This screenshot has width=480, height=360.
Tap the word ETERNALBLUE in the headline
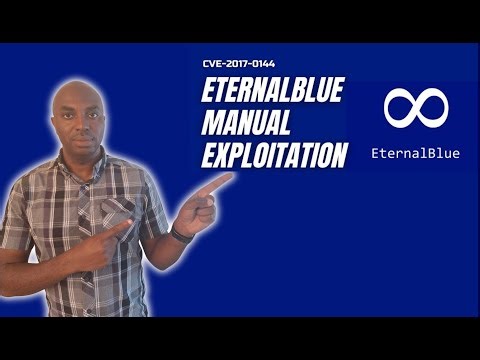click(273, 90)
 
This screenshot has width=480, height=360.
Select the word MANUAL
click(246, 124)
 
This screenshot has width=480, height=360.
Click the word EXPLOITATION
click(274, 156)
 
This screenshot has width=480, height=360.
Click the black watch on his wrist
click(180, 233)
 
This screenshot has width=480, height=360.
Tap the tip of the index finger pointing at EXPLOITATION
click(231, 180)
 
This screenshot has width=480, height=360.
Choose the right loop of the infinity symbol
click(431, 108)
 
